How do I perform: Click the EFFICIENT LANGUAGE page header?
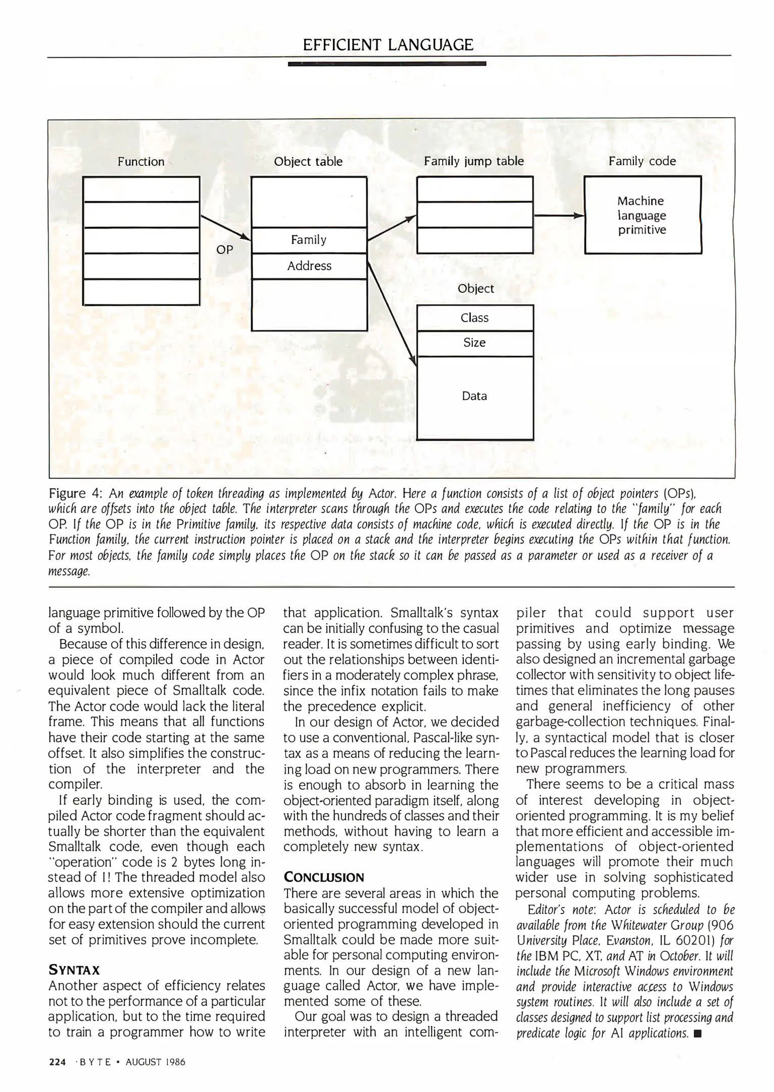pos(388,45)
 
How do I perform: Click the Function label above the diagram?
pos(141,162)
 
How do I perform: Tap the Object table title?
pos(308,162)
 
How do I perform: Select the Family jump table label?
pos(474,161)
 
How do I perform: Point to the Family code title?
pos(642,161)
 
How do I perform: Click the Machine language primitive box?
pos(642,215)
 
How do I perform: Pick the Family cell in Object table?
pos(309,240)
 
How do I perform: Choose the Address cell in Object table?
pos(309,266)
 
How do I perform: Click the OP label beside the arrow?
pos(225,250)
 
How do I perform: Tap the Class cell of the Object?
pos(474,318)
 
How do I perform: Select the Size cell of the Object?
pos(474,343)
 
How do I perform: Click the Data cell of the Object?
pos(474,396)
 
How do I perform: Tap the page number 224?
pos(57,1062)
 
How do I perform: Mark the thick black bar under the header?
pos(386,64)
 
